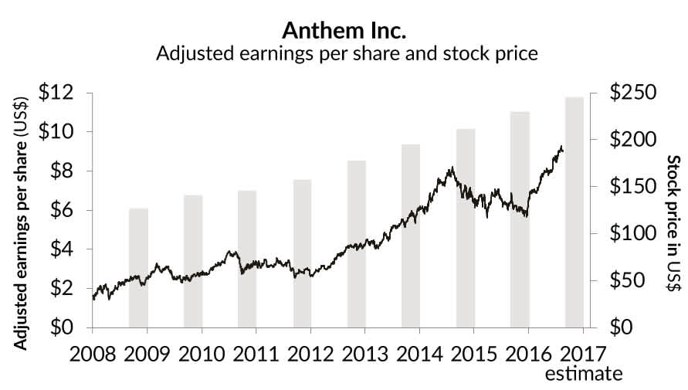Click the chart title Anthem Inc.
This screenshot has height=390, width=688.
pos(344,30)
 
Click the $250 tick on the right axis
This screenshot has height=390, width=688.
pos(632,93)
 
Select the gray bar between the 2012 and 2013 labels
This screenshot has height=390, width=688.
pos(356,244)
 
